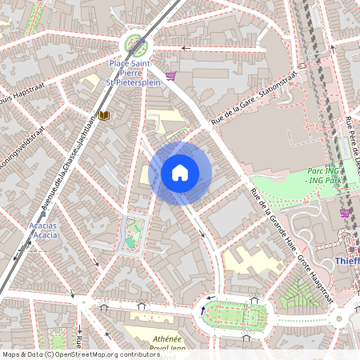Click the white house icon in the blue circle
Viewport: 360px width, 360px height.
coord(180,173)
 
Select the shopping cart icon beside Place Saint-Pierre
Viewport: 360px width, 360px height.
coord(170,77)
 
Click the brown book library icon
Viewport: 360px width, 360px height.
coord(104,116)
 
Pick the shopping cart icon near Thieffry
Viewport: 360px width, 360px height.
coord(346,213)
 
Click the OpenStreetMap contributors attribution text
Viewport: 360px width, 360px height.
coord(80,354)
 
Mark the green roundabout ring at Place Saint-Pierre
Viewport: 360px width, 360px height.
coord(134,45)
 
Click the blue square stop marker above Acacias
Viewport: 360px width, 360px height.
coord(43,214)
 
